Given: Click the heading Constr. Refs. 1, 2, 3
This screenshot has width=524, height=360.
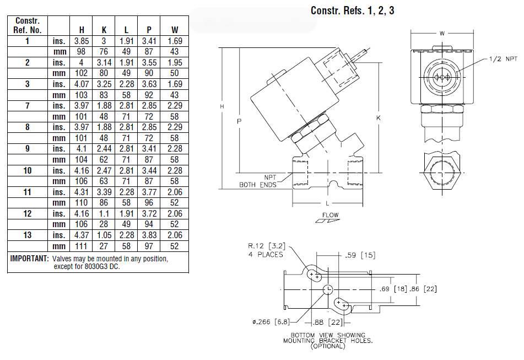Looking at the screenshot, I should pos(352,10).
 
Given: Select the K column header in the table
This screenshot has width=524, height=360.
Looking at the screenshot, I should pos(104,30).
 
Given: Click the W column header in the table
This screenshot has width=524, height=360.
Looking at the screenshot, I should pos(175,30).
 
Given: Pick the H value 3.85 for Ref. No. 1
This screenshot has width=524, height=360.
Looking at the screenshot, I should pos(81,41).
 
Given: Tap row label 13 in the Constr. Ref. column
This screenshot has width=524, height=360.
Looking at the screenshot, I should pos(28,235).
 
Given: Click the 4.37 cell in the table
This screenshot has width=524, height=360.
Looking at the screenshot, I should pos(81,235).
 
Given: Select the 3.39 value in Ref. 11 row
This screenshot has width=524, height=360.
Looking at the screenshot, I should pos(104,192).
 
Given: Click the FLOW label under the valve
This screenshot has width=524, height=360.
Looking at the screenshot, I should pos(331,214).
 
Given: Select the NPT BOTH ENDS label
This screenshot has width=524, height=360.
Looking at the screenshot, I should pos(258,181).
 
